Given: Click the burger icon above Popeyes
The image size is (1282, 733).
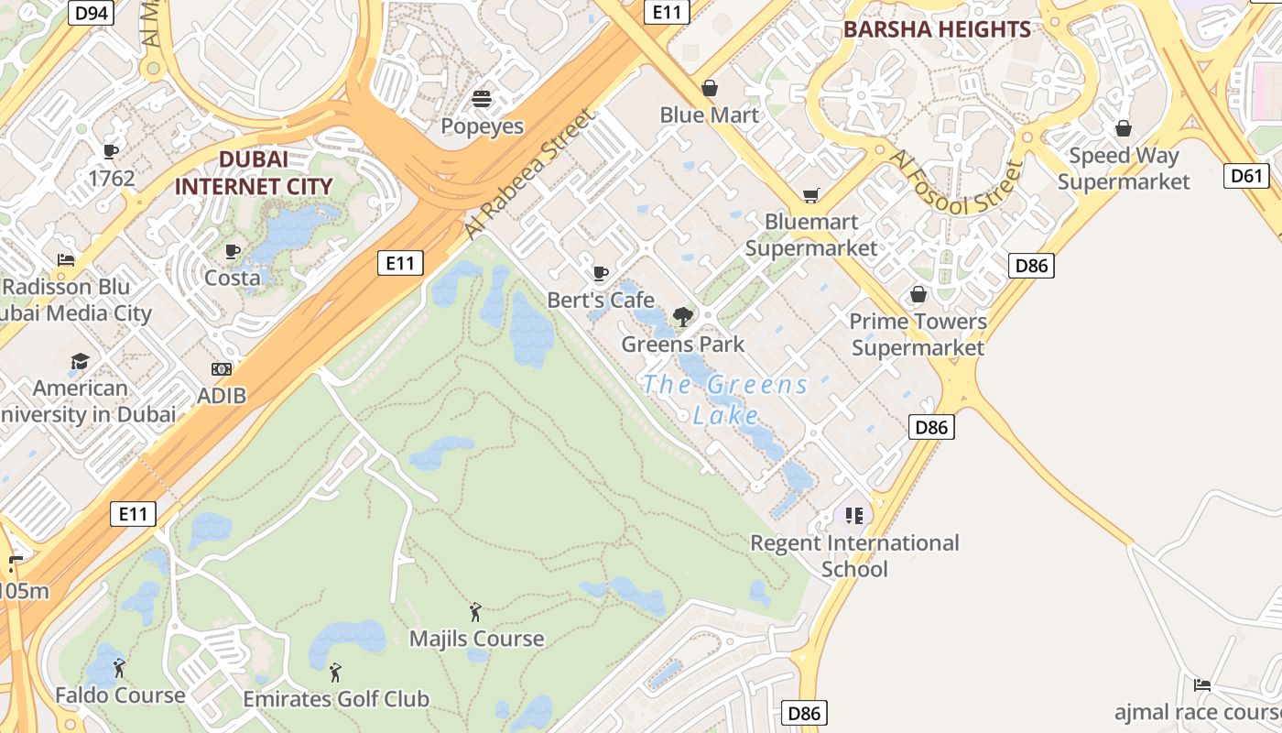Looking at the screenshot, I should coord(482,99).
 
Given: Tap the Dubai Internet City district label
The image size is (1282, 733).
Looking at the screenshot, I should coord(254,173).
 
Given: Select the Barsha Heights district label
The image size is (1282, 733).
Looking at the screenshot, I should coord(937,29).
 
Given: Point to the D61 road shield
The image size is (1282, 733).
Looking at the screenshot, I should coord(1246,175).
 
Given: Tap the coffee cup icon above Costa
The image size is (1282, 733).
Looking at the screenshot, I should coord(233,251).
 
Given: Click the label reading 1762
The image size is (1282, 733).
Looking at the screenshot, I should coord(112,178).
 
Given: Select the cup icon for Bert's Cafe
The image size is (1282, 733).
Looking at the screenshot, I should coord(601,273).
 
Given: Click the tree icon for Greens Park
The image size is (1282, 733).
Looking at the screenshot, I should coord(682,318).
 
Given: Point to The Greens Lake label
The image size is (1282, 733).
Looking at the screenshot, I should coord(725,399).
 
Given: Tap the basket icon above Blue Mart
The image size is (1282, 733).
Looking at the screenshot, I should coord(710,88).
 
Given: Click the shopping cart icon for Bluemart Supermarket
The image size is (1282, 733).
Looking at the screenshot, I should coord(810,195).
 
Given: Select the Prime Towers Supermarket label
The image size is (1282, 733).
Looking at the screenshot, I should coord(918,334).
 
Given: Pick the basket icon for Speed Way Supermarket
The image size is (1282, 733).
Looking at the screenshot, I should coord(1124,128).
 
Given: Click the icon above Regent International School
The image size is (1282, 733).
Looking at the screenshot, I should coord(853,516).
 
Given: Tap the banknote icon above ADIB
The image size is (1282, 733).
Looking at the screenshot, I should coord(222,369).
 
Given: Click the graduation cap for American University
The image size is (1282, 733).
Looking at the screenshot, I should coord(81,361).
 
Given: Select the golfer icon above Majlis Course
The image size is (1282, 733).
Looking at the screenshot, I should coord(475,612).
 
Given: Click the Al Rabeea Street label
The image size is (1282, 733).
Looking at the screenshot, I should coord(529,175).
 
